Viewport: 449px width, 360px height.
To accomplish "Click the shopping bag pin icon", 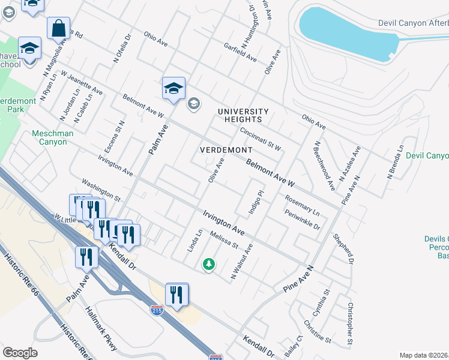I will click(58, 28).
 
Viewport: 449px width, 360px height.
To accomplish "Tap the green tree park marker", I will click(208, 264).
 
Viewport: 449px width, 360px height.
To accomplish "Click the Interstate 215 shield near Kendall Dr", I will click(156, 309).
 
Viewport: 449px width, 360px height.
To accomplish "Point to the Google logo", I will click(20, 353).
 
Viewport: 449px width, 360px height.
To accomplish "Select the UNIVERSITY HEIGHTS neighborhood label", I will click(243, 116).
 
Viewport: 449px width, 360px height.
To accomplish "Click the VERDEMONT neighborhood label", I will click(226, 149).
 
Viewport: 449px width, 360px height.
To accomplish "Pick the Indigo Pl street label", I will click(256, 202).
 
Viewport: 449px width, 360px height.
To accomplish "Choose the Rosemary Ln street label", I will click(302, 205).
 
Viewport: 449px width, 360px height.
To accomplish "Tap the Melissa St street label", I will click(224, 241).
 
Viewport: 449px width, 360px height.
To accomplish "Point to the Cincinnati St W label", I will click(261, 139).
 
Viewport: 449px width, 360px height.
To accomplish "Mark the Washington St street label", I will click(101, 189).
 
